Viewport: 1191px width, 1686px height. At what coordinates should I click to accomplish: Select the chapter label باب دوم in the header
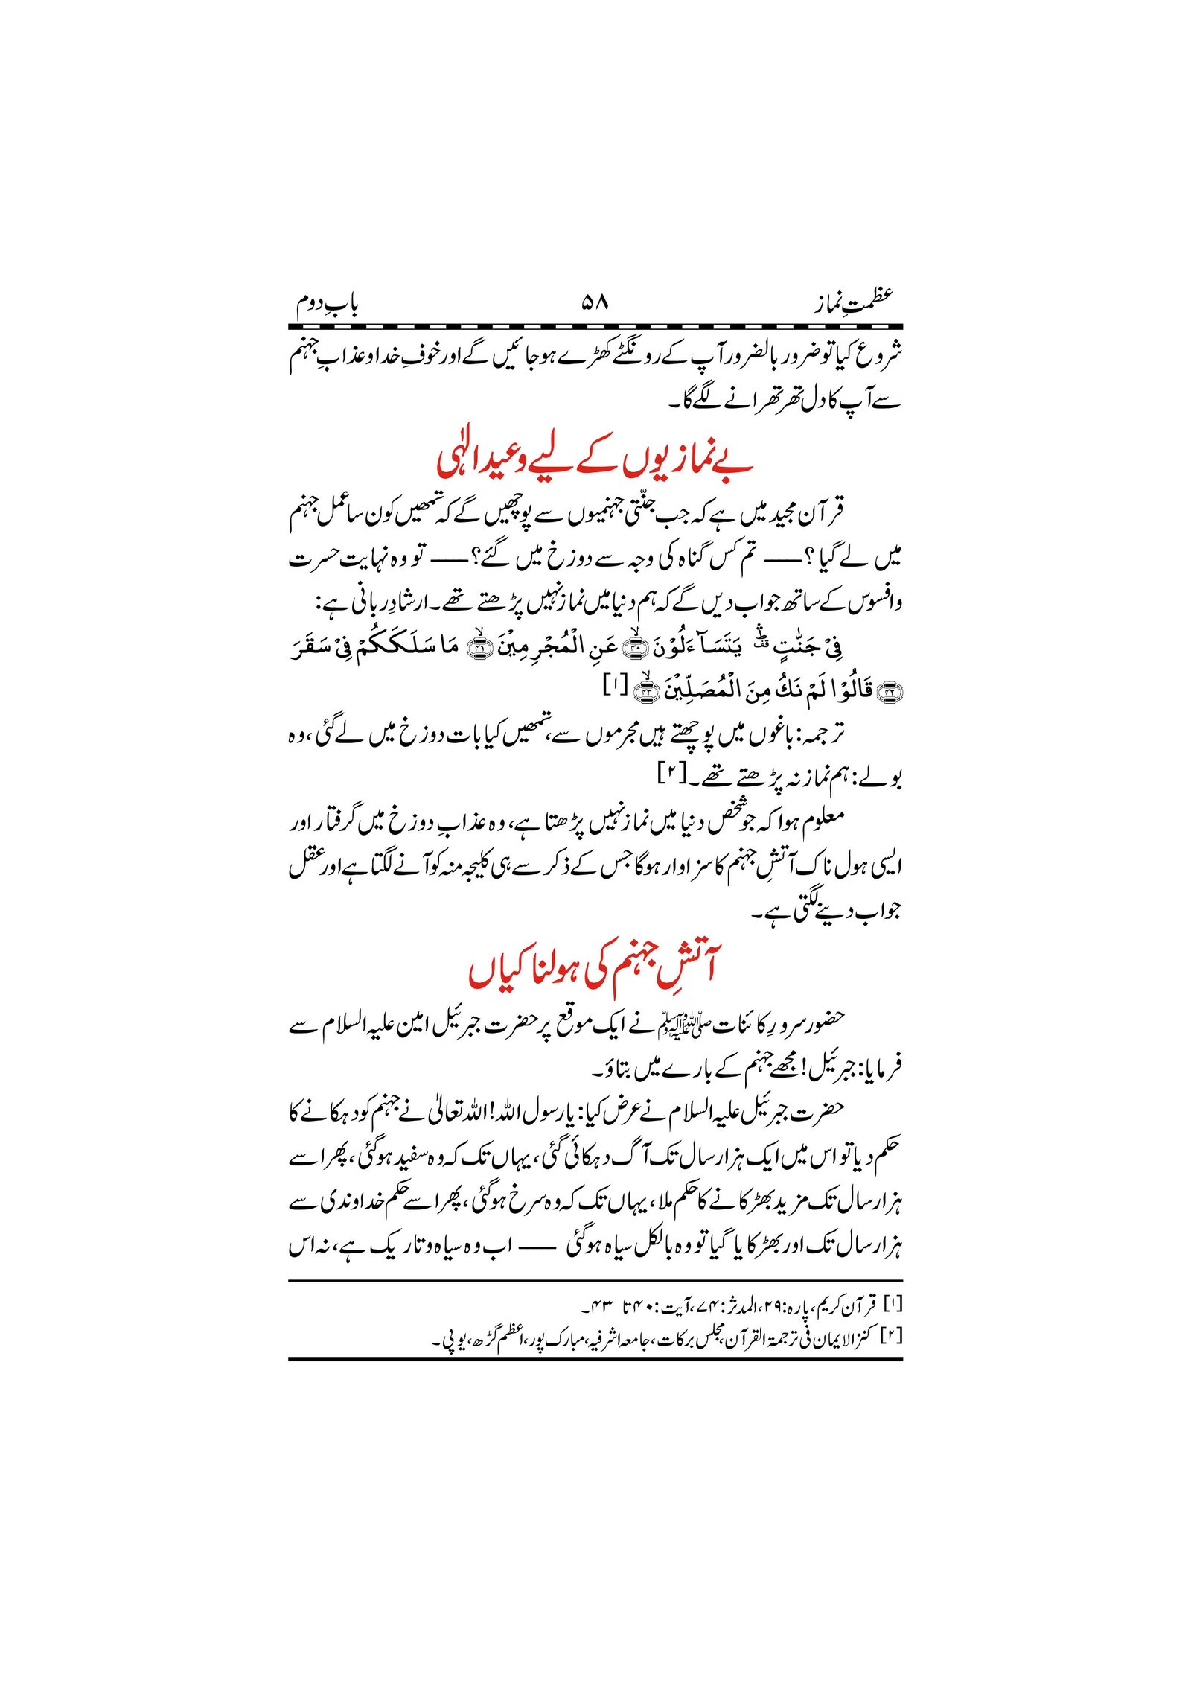328,305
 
